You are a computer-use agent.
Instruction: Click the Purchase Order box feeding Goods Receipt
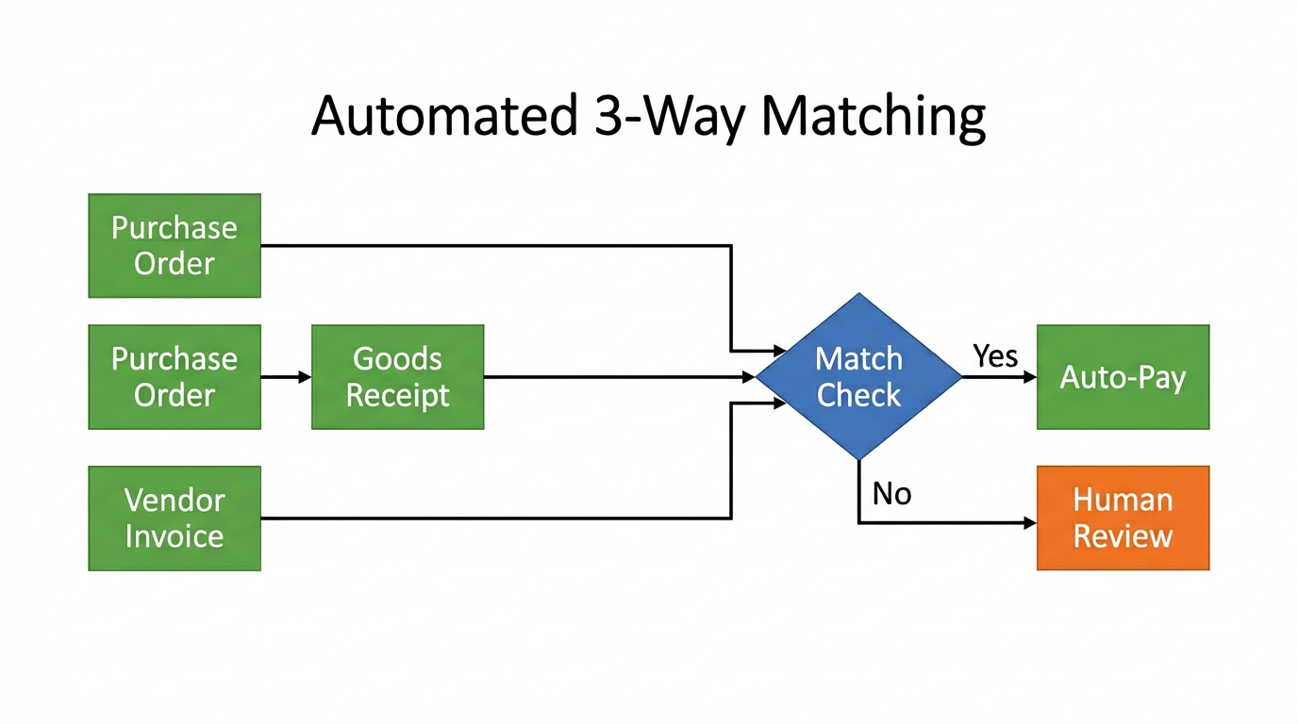point(175,377)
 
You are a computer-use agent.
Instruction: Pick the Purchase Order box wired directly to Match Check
point(175,245)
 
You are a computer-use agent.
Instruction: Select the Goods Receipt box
point(397,377)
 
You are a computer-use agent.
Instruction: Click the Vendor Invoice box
point(175,518)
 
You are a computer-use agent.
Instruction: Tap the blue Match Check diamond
point(858,377)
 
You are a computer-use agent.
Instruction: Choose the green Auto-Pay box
point(1123,377)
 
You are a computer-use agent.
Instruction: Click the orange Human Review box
point(1123,518)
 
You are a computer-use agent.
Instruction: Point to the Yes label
point(995,355)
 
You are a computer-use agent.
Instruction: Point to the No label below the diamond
point(891,493)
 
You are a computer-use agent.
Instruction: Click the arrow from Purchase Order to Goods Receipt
point(286,377)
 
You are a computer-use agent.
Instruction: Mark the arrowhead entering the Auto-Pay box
point(1029,377)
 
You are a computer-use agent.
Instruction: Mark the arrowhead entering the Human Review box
point(1029,522)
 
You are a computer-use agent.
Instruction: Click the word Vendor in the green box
point(175,500)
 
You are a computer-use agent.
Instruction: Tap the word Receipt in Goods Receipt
point(397,396)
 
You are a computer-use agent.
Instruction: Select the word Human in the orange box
point(1123,500)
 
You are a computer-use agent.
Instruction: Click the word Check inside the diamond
point(858,396)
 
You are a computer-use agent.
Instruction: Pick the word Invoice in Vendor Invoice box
point(175,536)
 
